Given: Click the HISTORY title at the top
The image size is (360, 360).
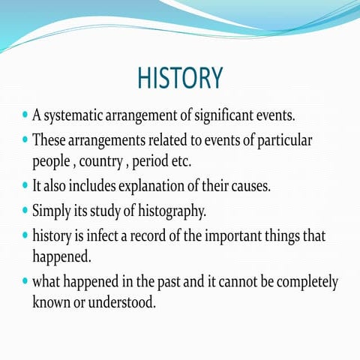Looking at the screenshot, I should click(x=180, y=78).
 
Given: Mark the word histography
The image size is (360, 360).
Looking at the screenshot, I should click(x=171, y=210).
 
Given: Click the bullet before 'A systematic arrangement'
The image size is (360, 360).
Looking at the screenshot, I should click(x=25, y=116).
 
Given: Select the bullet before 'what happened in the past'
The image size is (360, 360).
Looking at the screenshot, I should click(x=25, y=282).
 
